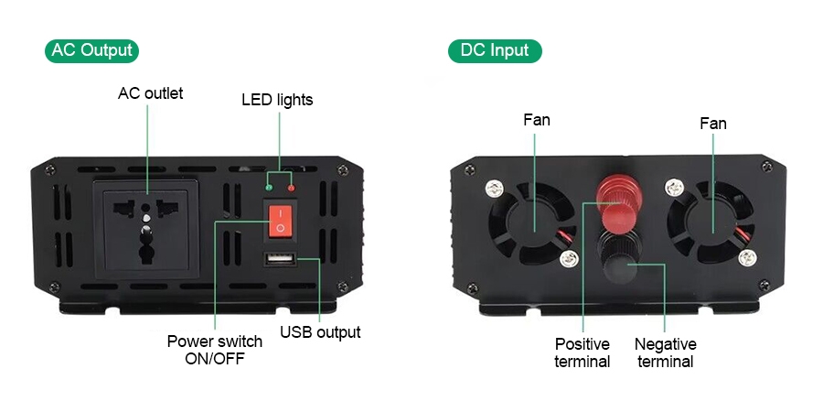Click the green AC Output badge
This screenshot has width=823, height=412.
[x=91, y=50]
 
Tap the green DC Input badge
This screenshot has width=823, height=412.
[x=495, y=50]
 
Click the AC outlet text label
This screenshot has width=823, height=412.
[x=151, y=93]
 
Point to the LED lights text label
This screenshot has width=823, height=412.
[x=277, y=100]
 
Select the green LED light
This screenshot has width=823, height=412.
[x=269, y=189]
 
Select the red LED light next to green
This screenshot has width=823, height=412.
[x=292, y=189]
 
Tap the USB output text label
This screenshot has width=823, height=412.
[x=320, y=332]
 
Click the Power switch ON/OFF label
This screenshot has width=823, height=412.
[x=215, y=350]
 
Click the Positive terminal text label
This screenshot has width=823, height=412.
[x=583, y=352]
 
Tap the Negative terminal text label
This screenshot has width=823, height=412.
[x=666, y=352]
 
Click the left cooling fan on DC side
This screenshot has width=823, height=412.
[x=533, y=225]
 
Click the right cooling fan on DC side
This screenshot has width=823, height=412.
[x=712, y=225]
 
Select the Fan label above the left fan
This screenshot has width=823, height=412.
[x=537, y=120]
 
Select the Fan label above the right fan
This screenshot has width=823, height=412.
[x=713, y=123]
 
